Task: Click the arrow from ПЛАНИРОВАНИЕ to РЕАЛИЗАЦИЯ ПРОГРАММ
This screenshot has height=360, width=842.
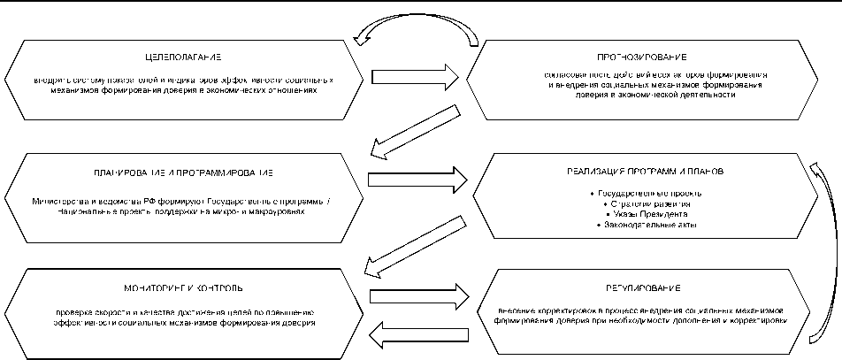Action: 415,178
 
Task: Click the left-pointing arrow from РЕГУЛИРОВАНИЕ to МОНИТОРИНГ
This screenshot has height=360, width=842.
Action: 415,333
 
